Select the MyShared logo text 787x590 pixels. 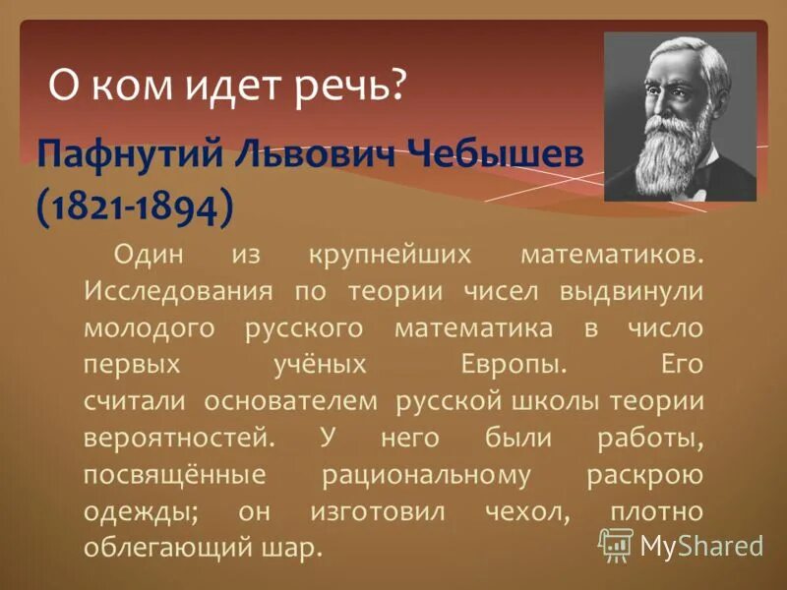tap(701, 544)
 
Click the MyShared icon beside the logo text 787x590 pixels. tap(617, 543)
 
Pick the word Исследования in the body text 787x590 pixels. tap(162, 293)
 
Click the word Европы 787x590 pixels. tap(515, 365)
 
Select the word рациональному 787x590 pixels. tap(426, 474)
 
